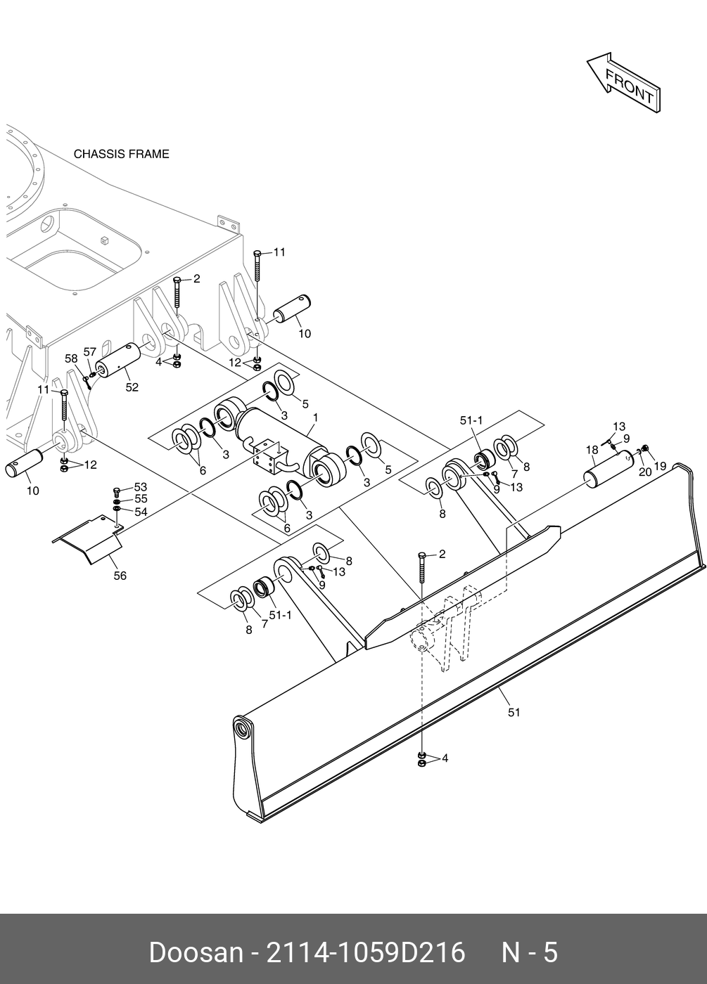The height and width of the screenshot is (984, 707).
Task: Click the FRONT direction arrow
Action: (x=623, y=83)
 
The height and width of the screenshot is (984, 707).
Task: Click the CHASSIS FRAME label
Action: (x=121, y=154)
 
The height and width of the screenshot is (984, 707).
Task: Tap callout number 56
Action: (x=120, y=576)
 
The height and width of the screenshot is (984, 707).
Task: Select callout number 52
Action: (x=132, y=387)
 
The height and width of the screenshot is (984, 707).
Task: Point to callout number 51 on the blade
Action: (x=514, y=712)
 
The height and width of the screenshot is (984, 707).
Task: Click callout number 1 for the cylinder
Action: (x=315, y=417)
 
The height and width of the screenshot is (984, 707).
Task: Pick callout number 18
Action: (x=592, y=450)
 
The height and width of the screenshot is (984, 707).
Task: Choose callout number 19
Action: (x=660, y=465)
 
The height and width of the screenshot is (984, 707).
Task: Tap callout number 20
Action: (x=645, y=472)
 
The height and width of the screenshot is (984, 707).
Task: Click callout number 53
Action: (x=141, y=486)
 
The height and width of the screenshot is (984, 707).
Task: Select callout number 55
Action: (x=141, y=499)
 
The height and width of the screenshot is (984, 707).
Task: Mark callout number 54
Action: (x=141, y=512)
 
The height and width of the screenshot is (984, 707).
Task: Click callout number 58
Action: (x=72, y=358)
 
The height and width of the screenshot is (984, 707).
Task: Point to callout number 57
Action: (x=89, y=351)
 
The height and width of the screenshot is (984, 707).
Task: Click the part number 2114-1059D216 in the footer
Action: (x=364, y=953)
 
